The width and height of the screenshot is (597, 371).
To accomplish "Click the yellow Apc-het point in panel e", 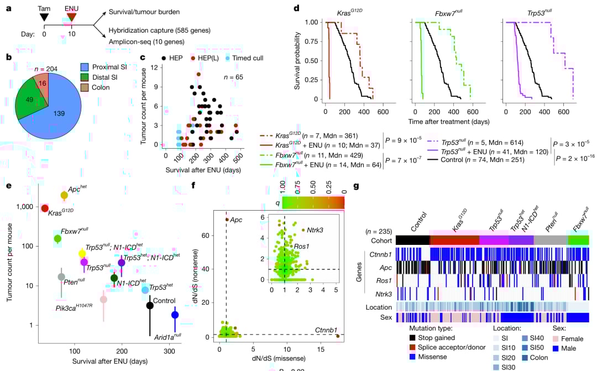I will (64, 195).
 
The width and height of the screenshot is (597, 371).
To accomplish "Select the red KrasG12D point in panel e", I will (45, 208).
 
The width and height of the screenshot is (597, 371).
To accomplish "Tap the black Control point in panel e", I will (150, 305).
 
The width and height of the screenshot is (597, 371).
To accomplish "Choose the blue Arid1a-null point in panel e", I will (175, 315).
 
